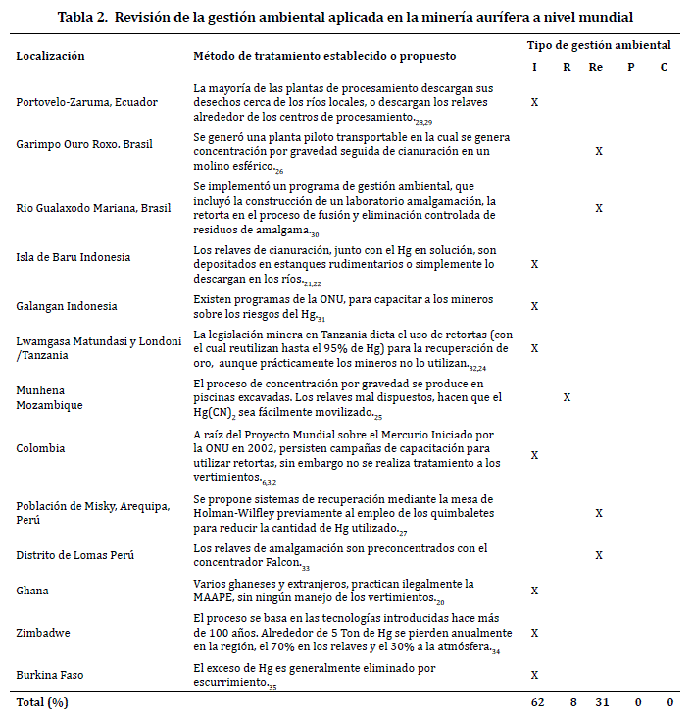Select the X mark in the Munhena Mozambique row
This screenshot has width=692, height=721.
click(x=567, y=397)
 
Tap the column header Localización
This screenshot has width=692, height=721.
click(x=50, y=56)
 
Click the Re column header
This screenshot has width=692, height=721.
click(x=596, y=67)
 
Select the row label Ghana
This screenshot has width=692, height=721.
click(x=32, y=591)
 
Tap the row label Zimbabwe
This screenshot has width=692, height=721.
click(x=43, y=633)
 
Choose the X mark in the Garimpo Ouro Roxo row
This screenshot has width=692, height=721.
click(x=599, y=151)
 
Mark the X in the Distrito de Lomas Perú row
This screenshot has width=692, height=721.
click(x=599, y=555)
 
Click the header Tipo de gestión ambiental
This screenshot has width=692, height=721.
click(x=599, y=45)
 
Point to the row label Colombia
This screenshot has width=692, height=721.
click(x=40, y=448)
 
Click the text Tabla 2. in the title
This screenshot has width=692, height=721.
click(x=83, y=17)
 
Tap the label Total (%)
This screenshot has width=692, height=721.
click(x=43, y=702)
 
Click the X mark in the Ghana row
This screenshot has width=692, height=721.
click(x=535, y=591)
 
